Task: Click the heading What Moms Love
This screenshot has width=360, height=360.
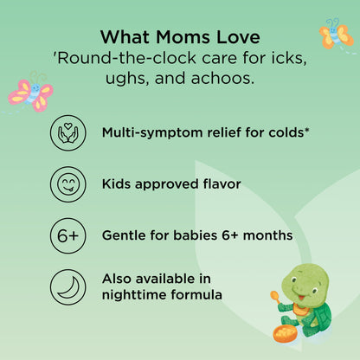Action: coord(179,37)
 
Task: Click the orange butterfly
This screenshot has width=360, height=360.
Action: coord(335,34)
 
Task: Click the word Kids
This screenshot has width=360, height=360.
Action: coord(117,183)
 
